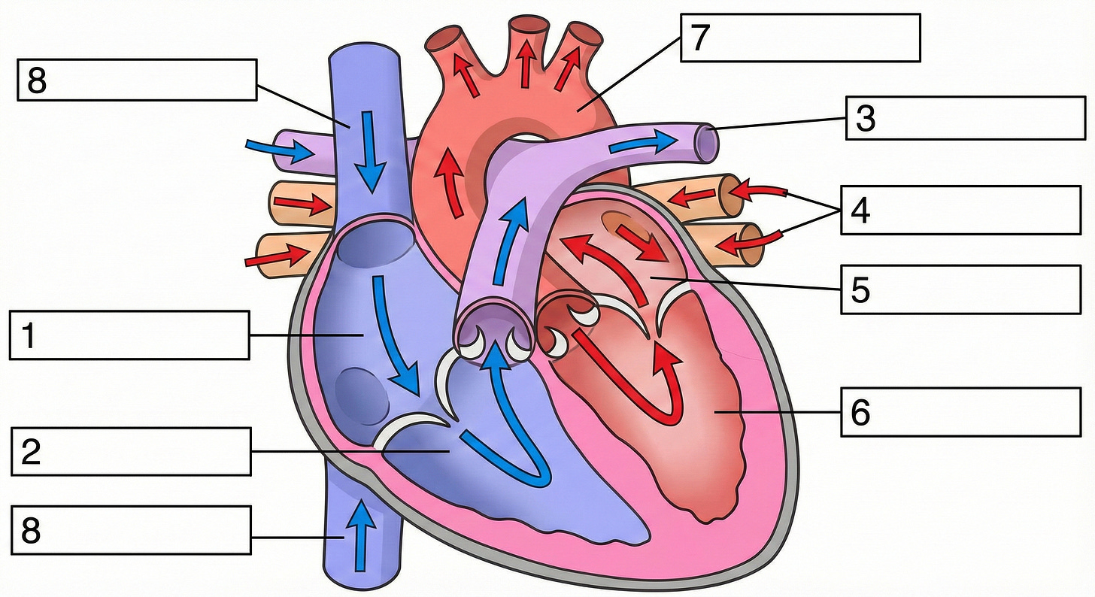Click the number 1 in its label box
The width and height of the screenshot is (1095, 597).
[x=29, y=336]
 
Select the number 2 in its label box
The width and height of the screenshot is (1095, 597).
[x=30, y=453]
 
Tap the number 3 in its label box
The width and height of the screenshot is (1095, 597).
[x=866, y=119]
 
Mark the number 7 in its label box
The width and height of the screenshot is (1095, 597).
[x=699, y=38]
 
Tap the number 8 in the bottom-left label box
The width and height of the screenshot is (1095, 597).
[x=31, y=530]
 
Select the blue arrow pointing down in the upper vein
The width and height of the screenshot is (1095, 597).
[x=370, y=150]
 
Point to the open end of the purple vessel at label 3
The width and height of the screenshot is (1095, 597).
[x=706, y=141]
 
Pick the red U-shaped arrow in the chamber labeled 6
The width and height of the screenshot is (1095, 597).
[x=632, y=376]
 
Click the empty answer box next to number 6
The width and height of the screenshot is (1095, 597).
[x=978, y=412]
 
